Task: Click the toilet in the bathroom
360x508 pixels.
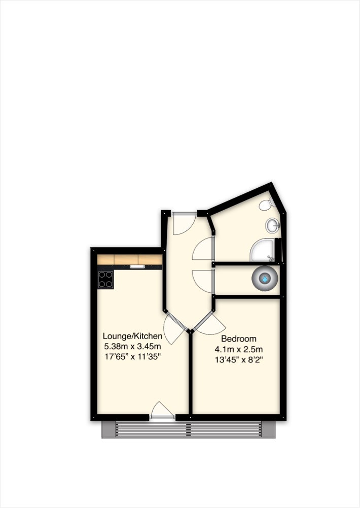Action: coord(266,205)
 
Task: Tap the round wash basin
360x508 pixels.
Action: coord(273,224)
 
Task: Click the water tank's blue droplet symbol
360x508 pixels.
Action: coord(265,279)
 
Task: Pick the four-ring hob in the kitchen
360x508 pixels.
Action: coord(105,279)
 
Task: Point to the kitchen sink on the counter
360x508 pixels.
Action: coord(136,266)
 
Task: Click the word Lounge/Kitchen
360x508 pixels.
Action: coord(132,336)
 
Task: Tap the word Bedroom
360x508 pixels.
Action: coord(239,338)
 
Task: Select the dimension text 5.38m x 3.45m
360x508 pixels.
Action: coord(132,346)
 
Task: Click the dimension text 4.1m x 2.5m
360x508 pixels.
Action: coord(239,349)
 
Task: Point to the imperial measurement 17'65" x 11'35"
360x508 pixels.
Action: coord(132,356)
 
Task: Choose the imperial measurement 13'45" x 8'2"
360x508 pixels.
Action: coord(239,359)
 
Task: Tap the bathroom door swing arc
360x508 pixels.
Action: coord(202,249)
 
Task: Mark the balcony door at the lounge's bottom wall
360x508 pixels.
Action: coord(162,410)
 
